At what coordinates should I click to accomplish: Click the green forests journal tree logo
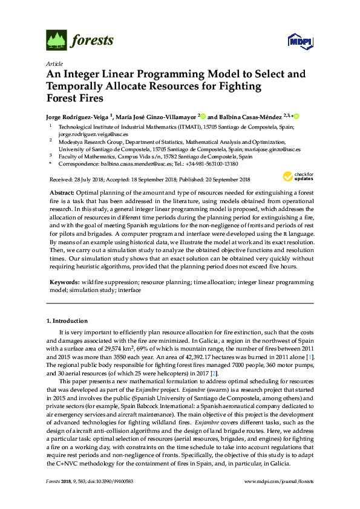(x=56, y=41)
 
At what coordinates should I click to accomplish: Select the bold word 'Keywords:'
(x=64, y=282)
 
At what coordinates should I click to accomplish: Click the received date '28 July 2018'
(x=88, y=179)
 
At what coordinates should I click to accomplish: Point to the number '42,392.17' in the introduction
(x=185, y=358)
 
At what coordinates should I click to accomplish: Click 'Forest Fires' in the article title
(x=75, y=98)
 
